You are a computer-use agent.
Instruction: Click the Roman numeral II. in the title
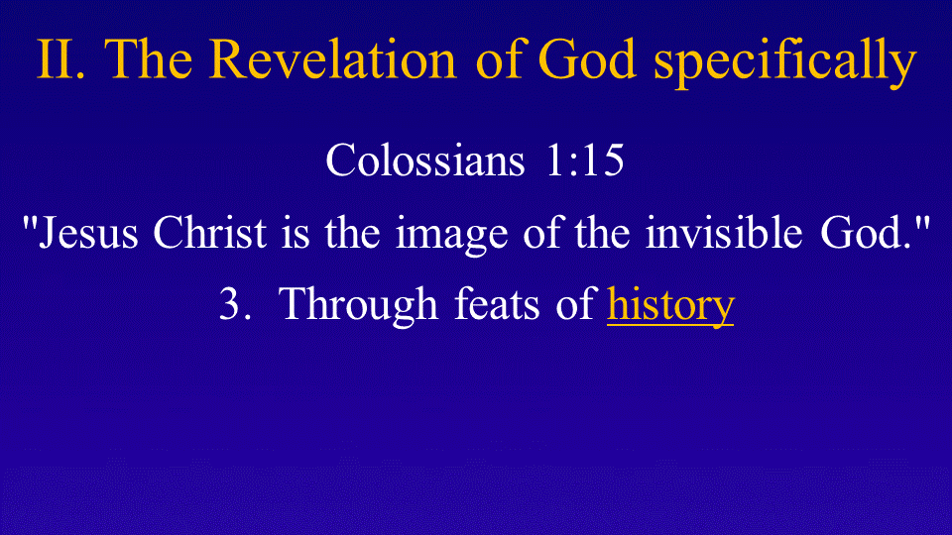pyautogui.click(x=60, y=59)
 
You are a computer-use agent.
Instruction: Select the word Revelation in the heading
pyautogui.click(x=333, y=58)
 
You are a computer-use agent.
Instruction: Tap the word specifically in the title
pyautogui.click(x=785, y=62)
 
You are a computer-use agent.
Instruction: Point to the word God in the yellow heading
pyautogui.click(x=587, y=58)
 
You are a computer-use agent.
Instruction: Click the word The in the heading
pyautogui.click(x=148, y=58)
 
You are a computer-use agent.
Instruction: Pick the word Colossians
pyautogui.click(x=425, y=160)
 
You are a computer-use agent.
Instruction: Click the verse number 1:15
pyautogui.click(x=585, y=160)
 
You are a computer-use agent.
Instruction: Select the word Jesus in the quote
pyautogui.click(x=88, y=232)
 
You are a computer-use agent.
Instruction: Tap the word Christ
pyautogui.click(x=209, y=232)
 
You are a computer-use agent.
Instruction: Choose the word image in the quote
pyautogui.click(x=452, y=236)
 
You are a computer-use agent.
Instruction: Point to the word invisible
pyautogui.click(x=724, y=232)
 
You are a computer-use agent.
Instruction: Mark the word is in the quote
pyautogui.click(x=296, y=232)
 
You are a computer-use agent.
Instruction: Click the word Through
pyautogui.click(x=358, y=306)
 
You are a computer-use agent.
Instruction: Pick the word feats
pyautogui.click(x=497, y=303)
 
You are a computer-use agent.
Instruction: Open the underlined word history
pyautogui.click(x=670, y=306)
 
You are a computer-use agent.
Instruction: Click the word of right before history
pyautogui.click(x=575, y=303)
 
